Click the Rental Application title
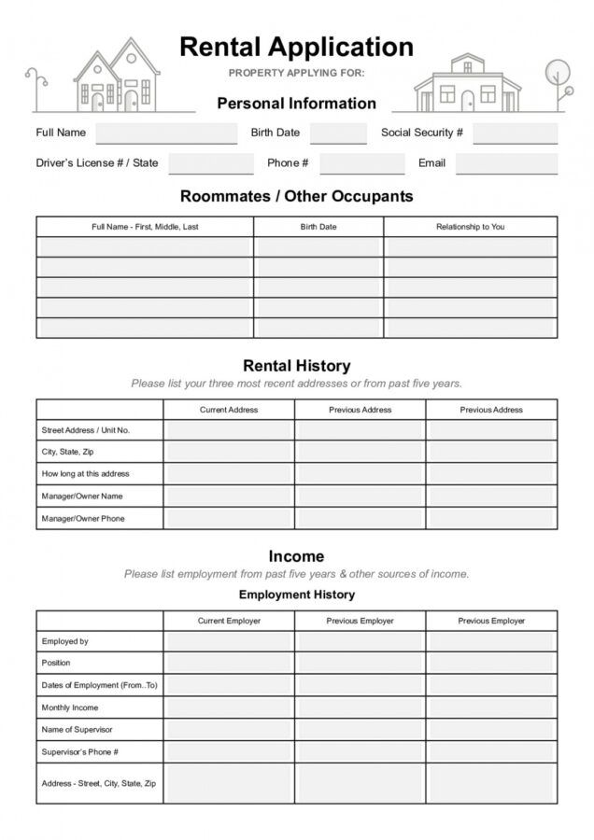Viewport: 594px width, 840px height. coord(296,47)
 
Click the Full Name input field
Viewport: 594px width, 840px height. coord(166,133)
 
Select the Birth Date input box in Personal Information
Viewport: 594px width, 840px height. coord(338,133)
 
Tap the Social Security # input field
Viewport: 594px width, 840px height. coord(515,133)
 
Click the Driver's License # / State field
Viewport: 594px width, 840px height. coord(211,163)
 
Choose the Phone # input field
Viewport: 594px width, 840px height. coord(361,163)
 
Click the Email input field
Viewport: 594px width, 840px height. coord(506,163)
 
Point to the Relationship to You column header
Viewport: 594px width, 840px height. coord(470,227)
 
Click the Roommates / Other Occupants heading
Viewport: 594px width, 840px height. coord(296,197)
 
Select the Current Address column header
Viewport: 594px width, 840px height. coord(229,410)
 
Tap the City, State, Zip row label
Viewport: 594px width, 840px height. coord(67,452)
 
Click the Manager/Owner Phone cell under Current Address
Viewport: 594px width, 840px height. coord(229,519)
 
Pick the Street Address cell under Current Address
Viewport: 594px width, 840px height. coord(229,430)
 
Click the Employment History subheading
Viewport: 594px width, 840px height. coord(296,595)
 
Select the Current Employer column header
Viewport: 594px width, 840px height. coord(229,621)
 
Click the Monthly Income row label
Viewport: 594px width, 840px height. coord(70,707)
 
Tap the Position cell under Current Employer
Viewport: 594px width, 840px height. coord(229,663)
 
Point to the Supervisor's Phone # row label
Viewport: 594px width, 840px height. coord(79,751)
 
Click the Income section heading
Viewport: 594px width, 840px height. coord(296,556)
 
